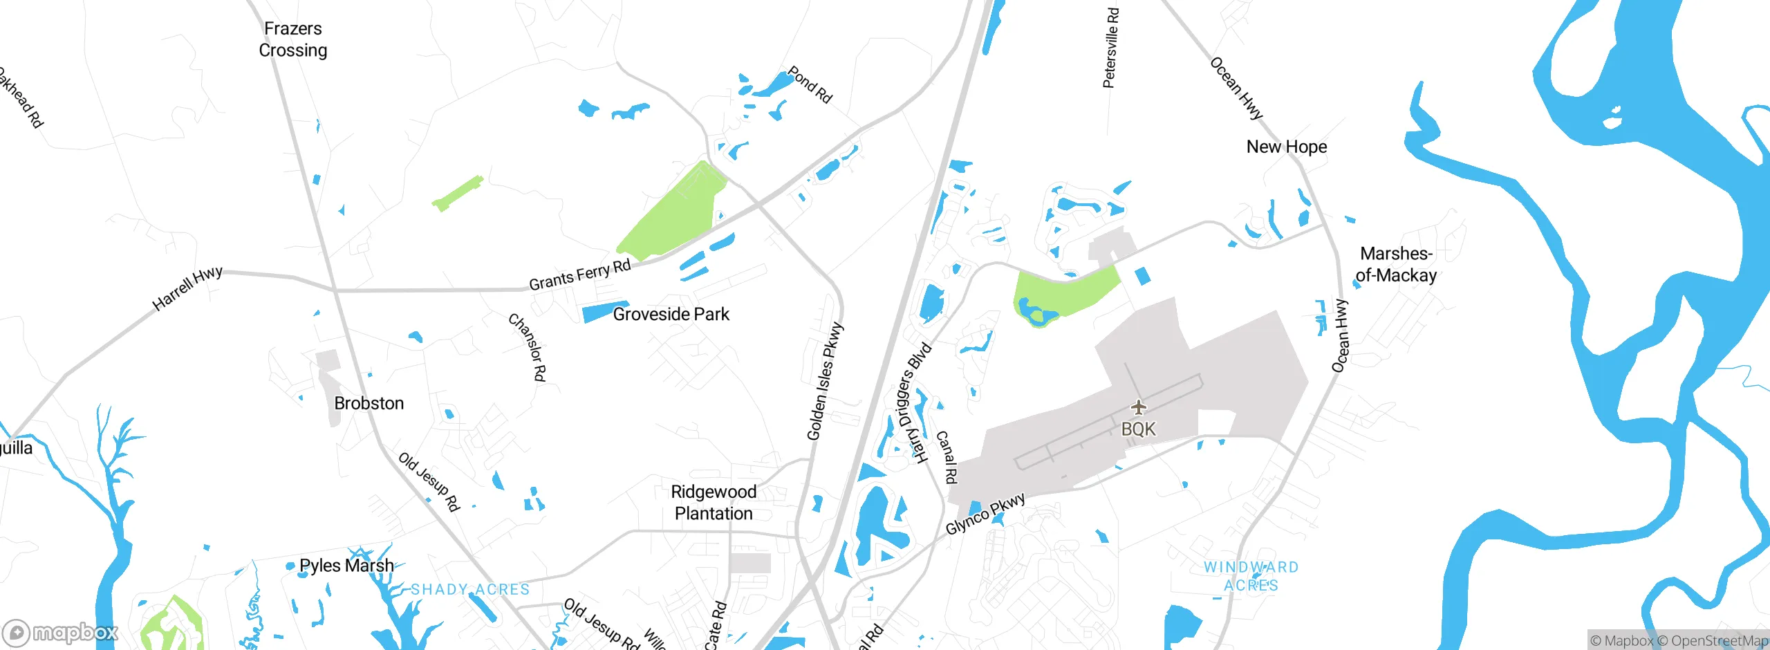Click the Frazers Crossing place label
click(x=292, y=39)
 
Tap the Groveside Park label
click(x=671, y=315)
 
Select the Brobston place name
click(x=369, y=403)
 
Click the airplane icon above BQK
click(x=1138, y=407)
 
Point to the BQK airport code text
click(x=1138, y=429)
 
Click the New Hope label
click(x=1286, y=147)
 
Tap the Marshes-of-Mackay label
click(x=1396, y=265)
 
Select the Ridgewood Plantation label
click(x=714, y=503)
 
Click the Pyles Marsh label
click(x=346, y=566)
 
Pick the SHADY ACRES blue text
click(x=470, y=589)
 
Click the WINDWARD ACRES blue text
click(x=1251, y=576)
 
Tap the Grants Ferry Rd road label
click(x=579, y=275)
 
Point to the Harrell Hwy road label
click(x=187, y=288)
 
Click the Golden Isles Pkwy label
click(x=825, y=381)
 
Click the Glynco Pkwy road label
click(x=985, y=514)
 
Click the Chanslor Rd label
click(x=528, y=347)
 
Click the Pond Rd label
click(x=810, y=85)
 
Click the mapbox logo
click(x=60, y=633)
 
